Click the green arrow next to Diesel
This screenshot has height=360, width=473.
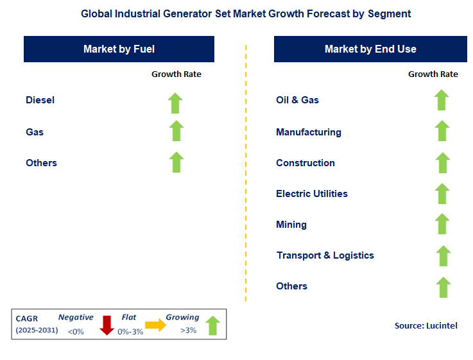point(175,103)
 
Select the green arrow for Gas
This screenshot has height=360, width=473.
point(176,131)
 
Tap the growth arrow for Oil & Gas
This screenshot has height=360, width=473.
point(441,100)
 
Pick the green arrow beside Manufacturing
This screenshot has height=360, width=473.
point(442,131)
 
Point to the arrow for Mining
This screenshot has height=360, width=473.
point(442,224)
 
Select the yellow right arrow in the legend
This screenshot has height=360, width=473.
point(155,325)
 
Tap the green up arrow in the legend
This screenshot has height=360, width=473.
point(213,325)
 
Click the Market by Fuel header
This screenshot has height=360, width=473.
point(119,49)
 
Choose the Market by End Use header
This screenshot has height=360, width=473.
point(370,49)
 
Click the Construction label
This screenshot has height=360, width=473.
point(305,163)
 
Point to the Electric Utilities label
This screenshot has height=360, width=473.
point(312,194)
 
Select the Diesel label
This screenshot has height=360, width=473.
point(40,100)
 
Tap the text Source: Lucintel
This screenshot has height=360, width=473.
point(426,326)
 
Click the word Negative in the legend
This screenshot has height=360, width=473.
point(76,318)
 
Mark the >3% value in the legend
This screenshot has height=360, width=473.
point(188,331)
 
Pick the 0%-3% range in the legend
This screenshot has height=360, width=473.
point(130,331)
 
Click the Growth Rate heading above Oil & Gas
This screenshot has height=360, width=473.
point(433,74)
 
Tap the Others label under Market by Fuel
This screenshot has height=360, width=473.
point(41,163)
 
